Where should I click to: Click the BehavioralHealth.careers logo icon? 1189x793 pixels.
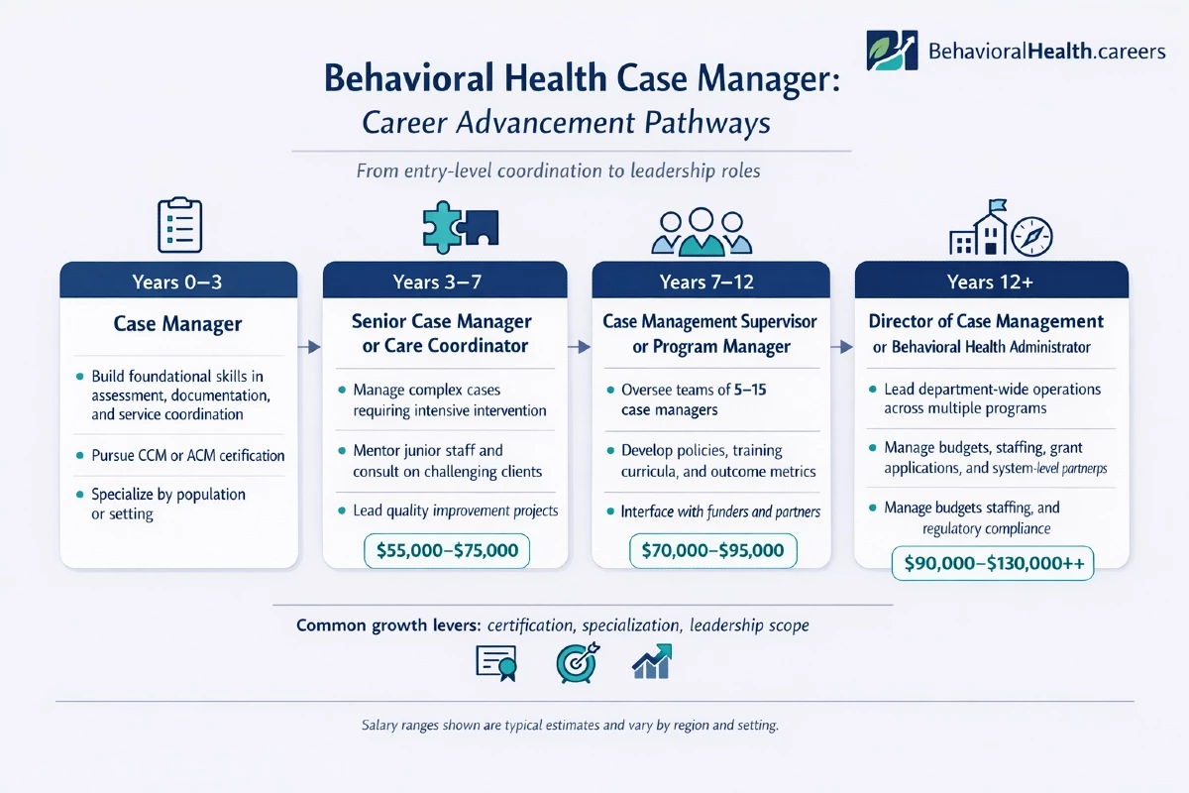(892, 51)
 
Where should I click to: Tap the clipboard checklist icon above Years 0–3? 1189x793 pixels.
(180, 225)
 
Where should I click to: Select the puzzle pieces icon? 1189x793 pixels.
(460, 227)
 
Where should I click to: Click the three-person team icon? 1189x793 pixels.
(702, 232)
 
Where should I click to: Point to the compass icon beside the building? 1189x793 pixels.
(1031, 237)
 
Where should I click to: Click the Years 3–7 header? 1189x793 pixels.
(445, 281)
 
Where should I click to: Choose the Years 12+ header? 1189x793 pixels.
(991, 281)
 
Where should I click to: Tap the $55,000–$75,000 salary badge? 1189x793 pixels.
(447, 551)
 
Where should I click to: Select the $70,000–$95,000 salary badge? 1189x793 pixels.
(712, 551)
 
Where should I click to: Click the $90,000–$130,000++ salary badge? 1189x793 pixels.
(993, 563)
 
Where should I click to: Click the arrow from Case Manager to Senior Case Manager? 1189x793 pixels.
(309, 347)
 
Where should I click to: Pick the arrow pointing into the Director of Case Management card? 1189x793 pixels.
(842, 347)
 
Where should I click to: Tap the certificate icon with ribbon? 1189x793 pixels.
(496, 663)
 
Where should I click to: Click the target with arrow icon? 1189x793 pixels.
(578, 663)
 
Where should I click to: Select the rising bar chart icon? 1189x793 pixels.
(652, 662)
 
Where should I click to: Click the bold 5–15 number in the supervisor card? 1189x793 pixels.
(750, 390)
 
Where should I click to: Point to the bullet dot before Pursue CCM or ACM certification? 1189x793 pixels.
(79, 455)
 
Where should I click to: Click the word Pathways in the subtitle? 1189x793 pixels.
(707, 123)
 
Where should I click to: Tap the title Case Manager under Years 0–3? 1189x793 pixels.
(177, 323)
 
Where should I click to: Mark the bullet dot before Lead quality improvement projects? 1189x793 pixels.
(342, 510)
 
